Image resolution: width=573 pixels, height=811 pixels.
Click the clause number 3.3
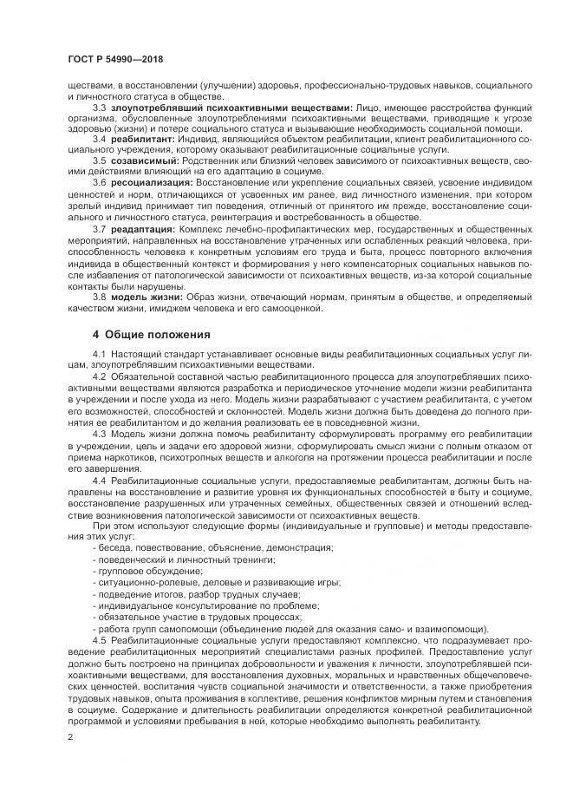(x=100, y=107)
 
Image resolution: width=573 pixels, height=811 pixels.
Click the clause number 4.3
(x=100, y=433)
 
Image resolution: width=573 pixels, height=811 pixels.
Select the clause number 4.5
(x=100, y=638)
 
